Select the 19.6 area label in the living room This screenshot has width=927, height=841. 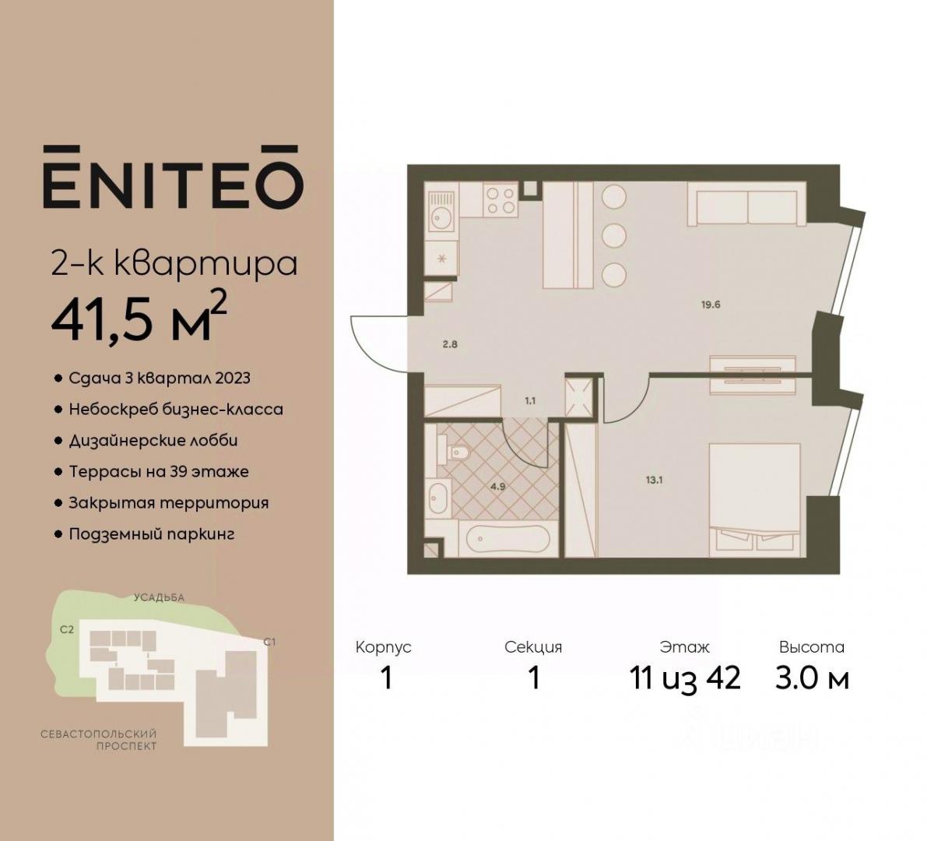point(710,305)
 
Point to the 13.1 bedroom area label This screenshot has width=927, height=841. point(654,480)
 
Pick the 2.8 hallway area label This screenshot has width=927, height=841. point(450,344)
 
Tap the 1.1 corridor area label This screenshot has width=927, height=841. point(530,400)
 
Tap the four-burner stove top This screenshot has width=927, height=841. point(500,199)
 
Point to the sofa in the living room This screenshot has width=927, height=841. point(746,203)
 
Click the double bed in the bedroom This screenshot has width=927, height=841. point(755,500)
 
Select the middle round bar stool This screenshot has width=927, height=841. point(614,236)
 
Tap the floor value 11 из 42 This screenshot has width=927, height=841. point(685,677)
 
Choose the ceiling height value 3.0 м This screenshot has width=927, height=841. point(813,677)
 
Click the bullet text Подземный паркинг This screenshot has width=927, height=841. point(152,534)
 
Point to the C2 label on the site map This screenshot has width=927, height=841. point(67,630)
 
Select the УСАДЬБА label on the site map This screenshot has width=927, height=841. point(159,597)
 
